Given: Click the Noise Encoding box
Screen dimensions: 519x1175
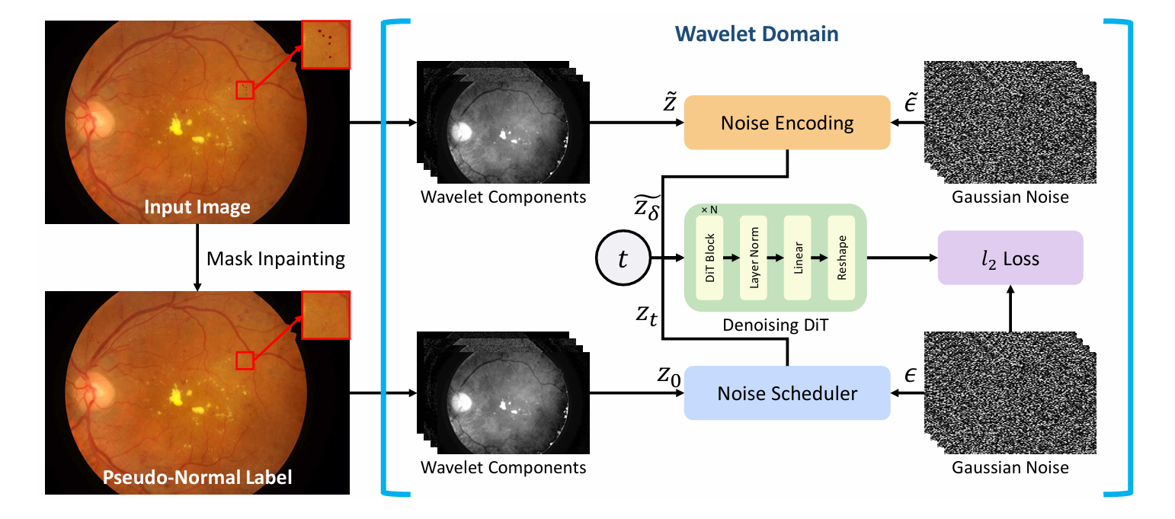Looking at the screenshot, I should coord(787,122).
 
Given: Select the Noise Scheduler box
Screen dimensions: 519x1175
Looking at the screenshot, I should coord(787,393).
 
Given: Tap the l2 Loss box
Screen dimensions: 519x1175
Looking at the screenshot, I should coord(1010,258).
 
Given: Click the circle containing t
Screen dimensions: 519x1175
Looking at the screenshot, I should coord(623,259).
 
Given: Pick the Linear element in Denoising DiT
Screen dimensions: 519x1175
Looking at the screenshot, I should coord(798,258).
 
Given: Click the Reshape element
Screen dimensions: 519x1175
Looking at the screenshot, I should coord(841,258).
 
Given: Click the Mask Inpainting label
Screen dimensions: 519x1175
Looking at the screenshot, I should coord(276,258).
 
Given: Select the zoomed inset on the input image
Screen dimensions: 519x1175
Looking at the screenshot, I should coord(326,44).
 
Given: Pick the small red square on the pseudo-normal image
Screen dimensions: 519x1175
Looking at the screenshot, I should coord(245,360).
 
